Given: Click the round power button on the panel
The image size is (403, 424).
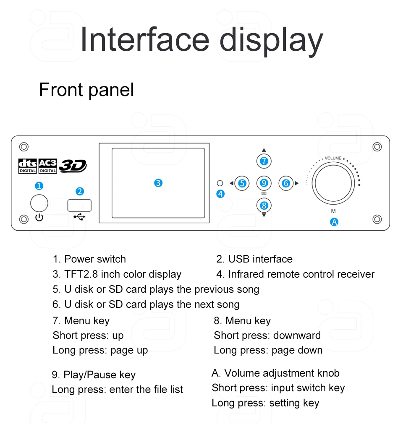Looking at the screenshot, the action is coord(39,203).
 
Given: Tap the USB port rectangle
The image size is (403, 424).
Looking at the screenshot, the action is coord(79,205).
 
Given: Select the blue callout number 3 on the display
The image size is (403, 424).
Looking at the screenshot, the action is coord(158,183).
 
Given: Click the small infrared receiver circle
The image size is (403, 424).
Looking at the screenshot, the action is coord(220,183).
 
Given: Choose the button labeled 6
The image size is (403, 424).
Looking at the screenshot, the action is coord(286,183).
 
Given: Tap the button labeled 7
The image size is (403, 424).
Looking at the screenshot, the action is coord(264,161).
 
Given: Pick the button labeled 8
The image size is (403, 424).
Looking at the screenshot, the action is coord(264,205).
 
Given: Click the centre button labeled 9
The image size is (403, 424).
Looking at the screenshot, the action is coord(264,183).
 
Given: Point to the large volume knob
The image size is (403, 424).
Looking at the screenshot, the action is coord(333,183).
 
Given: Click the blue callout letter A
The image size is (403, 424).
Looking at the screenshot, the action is coord(334,222).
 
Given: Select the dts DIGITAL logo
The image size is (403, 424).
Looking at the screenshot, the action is coord(27,166).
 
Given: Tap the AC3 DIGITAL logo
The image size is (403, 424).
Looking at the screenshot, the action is coord(47,166).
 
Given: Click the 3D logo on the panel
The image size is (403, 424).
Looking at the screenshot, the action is coord(73,166).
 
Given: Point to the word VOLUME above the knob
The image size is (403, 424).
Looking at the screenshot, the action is coord(333,158).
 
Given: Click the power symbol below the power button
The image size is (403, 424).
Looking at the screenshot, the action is coord(39,217).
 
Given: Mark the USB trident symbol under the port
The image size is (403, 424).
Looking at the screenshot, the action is coord(79,216).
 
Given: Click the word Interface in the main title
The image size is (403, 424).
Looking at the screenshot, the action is coord(145,39).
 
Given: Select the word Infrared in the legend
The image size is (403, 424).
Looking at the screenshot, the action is coord(246,274).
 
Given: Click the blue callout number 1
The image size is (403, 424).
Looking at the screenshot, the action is coord(39,186).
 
